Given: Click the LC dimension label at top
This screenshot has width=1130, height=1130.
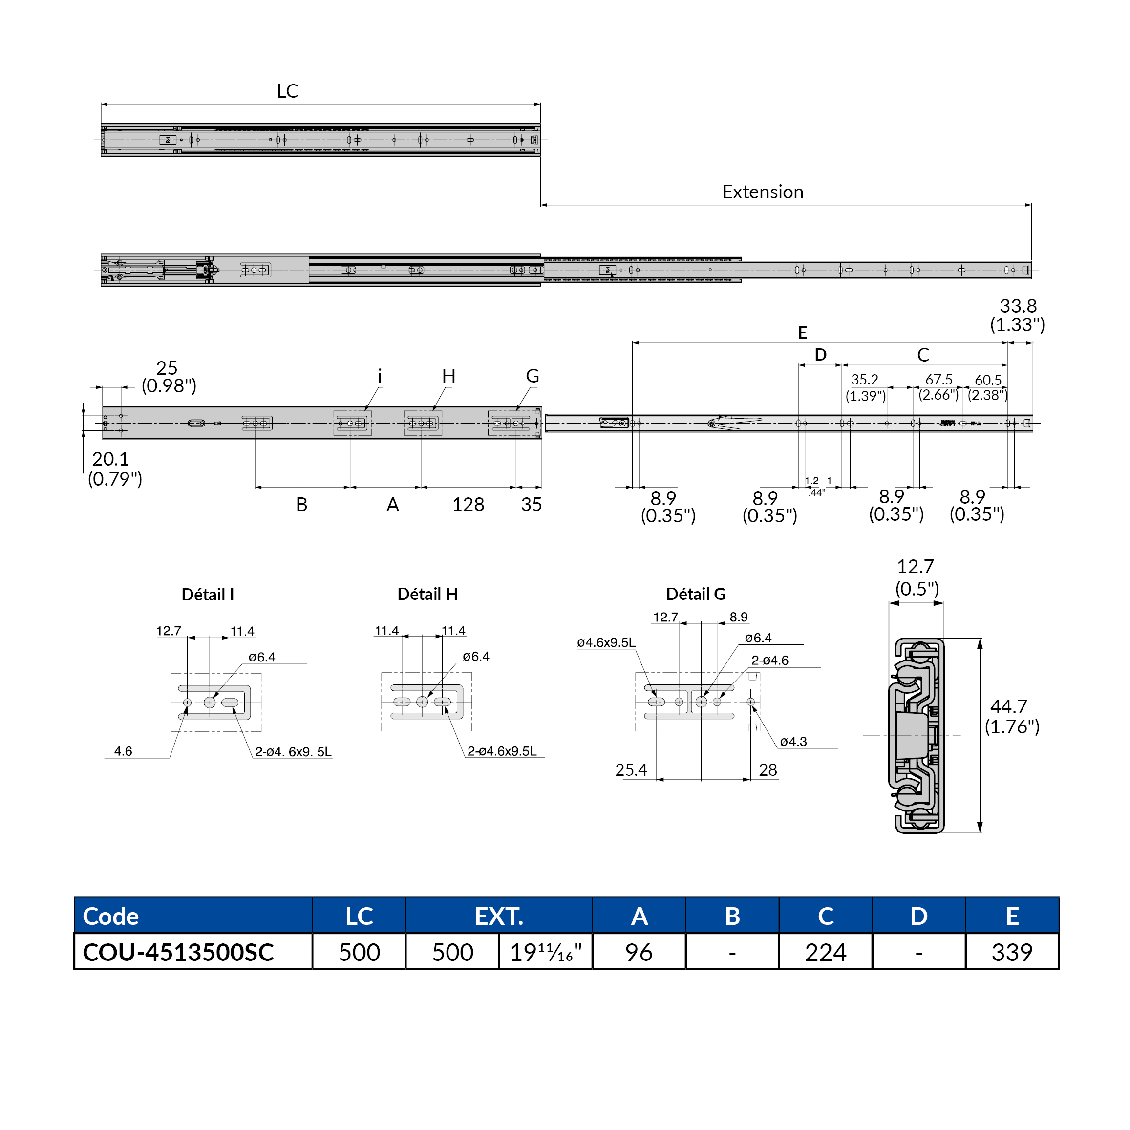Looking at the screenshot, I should pos(287,91).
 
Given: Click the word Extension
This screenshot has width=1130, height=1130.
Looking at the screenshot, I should pos(762,192).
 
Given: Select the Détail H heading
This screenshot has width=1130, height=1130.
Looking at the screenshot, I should pos(427,594).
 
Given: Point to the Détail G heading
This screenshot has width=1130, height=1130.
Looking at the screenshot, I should pos(695,594).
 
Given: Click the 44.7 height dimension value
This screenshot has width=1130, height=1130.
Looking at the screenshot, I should pos(1008,706).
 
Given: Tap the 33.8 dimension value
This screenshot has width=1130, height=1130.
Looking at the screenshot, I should pos(1018,306).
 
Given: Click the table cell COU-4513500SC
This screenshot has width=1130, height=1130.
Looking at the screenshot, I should pos(178,952).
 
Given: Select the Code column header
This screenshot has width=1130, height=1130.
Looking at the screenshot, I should pos(111,916).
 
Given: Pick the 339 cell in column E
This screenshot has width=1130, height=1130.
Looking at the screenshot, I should pos(1012,952).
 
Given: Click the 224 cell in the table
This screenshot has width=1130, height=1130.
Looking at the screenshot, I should pos(825,952).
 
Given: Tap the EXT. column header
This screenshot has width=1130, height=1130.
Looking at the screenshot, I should pos(499,916).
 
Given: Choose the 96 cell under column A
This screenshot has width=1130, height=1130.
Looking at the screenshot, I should pos(639,952).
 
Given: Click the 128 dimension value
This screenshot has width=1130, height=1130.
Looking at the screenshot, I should pos(468,505).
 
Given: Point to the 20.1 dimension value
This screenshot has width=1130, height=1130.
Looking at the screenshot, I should pos(110,459).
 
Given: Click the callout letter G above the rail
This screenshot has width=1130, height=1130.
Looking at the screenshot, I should pos(532,376).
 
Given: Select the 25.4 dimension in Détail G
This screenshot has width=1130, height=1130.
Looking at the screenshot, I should pos(631,770).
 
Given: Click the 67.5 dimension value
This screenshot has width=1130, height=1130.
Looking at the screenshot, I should pos(939,380).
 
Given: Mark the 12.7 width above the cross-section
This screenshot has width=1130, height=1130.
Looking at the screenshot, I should pos(916,566).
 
